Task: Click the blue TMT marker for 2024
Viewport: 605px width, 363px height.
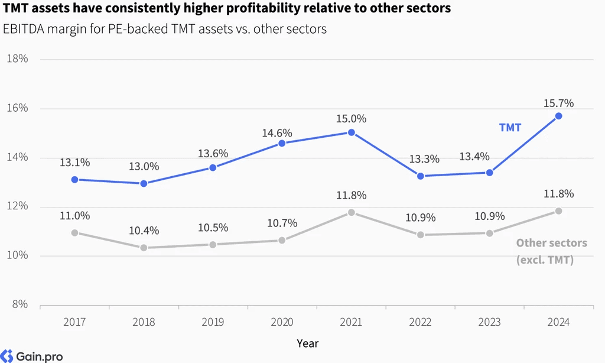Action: click(x=558, y=116)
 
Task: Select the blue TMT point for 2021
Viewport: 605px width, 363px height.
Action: click(x=351, y=132)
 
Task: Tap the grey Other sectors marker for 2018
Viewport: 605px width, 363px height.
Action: click(x=144, y=248)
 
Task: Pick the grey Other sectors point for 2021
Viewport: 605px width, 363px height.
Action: click(x=351, y=212)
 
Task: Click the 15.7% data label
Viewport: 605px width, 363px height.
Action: click(x=558, y=103)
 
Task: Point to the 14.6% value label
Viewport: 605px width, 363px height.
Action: click(x=277, y=133)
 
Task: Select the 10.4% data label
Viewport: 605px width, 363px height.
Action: click(x=144, y=231)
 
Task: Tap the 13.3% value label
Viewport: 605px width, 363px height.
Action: click(x=424, y=159)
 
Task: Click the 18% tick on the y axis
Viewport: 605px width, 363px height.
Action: click(x=17, y=59)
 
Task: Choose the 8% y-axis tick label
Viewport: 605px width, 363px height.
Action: click(x=20, y=304)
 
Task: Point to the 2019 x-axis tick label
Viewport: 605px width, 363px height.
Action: click(x=213, y=322)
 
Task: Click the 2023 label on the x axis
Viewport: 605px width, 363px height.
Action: click(x=489, y=322)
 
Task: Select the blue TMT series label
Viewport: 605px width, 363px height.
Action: click(x=510, y=128)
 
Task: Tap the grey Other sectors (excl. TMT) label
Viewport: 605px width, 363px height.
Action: click(x=552, y=251)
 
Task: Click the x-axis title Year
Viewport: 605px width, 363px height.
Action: click(x=307, y=343)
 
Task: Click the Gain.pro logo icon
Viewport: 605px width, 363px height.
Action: click(x=6, y=356)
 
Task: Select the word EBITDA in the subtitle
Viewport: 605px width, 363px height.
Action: click(x=24, y=29)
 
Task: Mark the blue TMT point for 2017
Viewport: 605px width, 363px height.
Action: click(x=75, y=180)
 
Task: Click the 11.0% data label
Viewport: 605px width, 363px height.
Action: click(x=75, y=215)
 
